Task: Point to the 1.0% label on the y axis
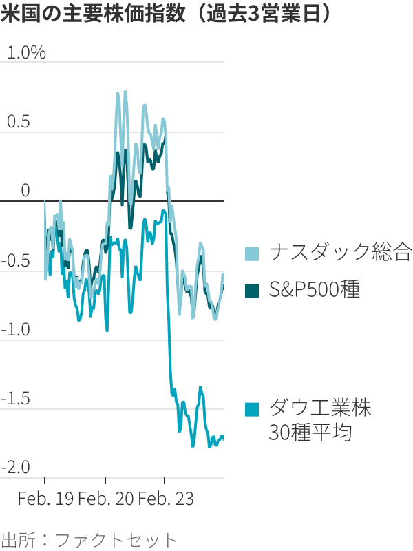pos(26,53)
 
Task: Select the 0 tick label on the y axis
pos(25,191)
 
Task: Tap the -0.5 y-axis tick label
pos(17,260)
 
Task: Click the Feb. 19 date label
pos(45,498)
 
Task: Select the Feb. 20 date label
pos(105,498)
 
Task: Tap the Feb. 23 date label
pos(165,498)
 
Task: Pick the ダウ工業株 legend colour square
pos(253,409)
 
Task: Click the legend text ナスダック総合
pos(340,253)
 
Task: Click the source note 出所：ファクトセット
pos(89,539)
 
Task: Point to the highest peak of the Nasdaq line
pos(125,92)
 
